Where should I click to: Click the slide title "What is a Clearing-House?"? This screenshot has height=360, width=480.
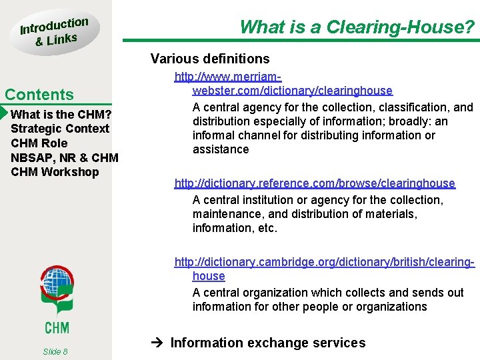(357, 27)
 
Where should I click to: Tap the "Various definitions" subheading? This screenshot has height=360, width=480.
(210, 59)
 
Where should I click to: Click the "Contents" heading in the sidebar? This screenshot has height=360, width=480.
(39, 95)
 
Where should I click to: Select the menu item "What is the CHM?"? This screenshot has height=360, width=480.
(61, 114)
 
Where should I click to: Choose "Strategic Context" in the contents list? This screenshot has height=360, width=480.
(60, 129)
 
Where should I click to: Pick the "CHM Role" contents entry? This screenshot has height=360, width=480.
(39, 143)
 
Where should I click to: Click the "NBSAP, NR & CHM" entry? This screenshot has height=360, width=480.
(65, 158)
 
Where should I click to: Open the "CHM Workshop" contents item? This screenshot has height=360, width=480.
(55, 172)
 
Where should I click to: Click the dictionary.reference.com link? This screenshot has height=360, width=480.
(315, 183)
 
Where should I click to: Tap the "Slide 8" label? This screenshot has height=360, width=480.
(55, 351)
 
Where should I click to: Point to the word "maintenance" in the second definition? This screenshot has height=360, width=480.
(227, 214)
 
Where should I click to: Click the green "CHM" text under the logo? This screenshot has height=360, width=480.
(57, 327)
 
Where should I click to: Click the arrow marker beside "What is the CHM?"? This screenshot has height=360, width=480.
(3, 114)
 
